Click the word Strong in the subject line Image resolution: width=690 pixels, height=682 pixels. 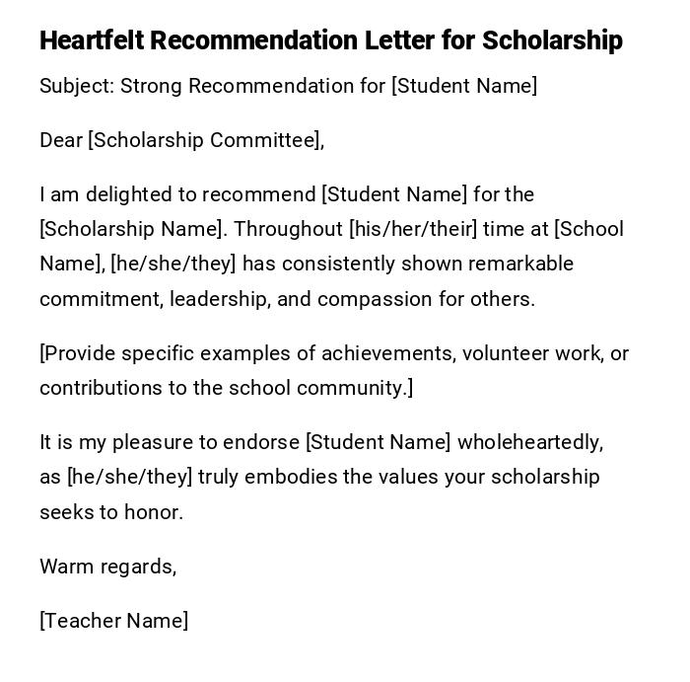pos(152,86)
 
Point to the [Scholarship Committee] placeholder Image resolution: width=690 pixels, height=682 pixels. pos(206,140)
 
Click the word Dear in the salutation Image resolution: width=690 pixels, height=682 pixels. pos(61,140)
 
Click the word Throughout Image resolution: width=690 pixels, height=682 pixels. pos(288,229)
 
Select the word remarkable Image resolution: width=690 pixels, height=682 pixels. pos(520,264)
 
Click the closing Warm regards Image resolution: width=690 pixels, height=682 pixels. pos(107,567)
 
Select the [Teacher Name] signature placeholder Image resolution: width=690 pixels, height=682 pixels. pos(113,621)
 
